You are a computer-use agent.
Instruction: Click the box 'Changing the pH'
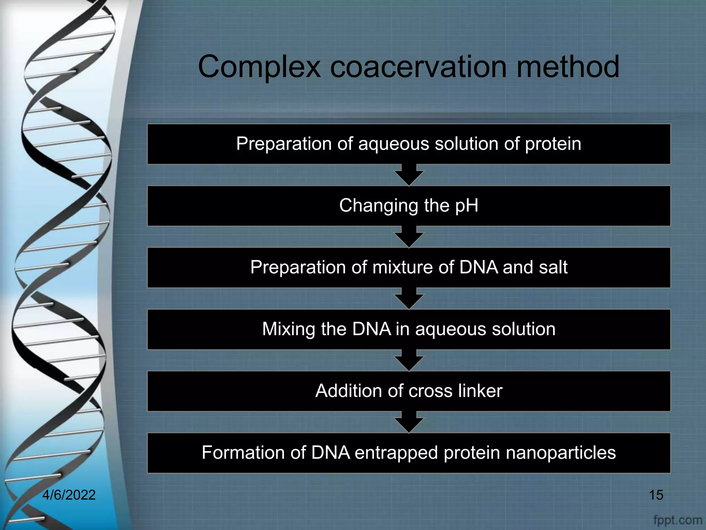point(409,206)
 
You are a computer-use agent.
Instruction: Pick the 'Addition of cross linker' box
point(409,391)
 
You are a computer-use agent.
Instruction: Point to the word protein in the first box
point(553,144)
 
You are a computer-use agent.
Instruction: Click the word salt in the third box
point(553,267)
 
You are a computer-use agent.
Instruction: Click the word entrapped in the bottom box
point(396,453)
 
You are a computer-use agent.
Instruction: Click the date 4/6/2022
point(69,495)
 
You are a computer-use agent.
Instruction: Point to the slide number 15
point(656,495)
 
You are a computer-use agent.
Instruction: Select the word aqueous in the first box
point(394,144)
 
